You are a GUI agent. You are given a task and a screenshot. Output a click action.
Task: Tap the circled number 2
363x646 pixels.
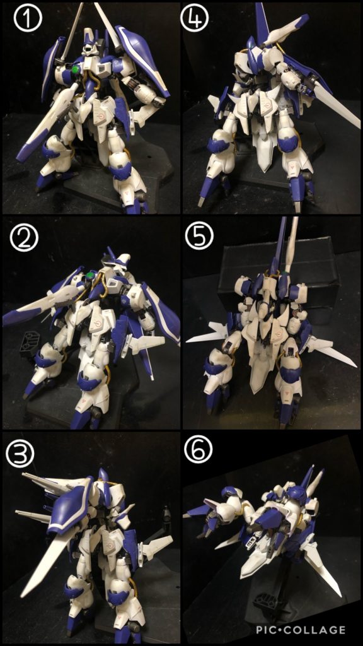tap(24, 238)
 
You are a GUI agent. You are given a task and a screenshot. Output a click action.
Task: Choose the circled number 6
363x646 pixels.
tap(199, 450)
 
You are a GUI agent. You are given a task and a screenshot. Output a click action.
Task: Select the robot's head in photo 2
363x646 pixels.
tap(114, 259)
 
